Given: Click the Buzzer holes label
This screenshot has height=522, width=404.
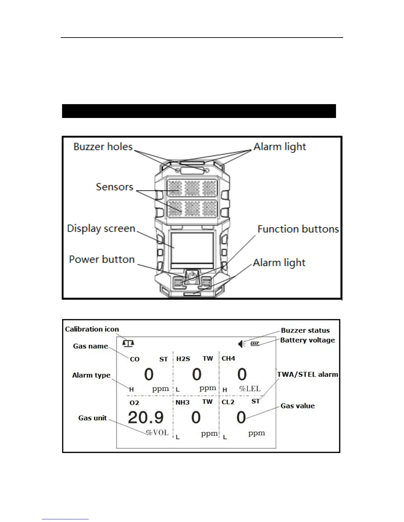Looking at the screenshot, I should pos(103,147).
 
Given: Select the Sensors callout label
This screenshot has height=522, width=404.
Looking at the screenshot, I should pos(115,187).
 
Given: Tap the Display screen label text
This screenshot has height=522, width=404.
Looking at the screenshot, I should pos(101,228).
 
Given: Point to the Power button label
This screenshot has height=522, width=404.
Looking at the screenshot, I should pos(102,259).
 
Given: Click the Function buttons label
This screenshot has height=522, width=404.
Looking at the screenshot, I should pos(298,229).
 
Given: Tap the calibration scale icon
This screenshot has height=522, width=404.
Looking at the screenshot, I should pos(128,343).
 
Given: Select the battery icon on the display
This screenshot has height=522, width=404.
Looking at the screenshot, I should pos(255,344).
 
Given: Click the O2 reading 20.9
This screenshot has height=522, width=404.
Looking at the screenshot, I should pos(146,418).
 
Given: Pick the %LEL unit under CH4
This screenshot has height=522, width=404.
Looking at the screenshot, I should pos(250,389).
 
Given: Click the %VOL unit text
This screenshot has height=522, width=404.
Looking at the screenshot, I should pos(157,433).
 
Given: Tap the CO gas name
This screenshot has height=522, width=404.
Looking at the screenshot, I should pos(135,359).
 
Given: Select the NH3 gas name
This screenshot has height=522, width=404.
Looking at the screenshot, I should pos(183,402).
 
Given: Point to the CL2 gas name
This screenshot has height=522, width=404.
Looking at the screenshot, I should pos(228,402).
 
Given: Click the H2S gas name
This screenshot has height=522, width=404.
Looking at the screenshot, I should pos(183,359).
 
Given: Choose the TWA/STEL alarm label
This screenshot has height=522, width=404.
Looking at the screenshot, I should pos(308,374).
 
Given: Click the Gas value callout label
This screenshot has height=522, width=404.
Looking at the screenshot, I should pos(297,406).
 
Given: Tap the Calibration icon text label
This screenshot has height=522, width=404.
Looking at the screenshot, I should pos(92,329).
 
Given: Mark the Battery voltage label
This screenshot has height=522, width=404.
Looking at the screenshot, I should pos(307,340).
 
